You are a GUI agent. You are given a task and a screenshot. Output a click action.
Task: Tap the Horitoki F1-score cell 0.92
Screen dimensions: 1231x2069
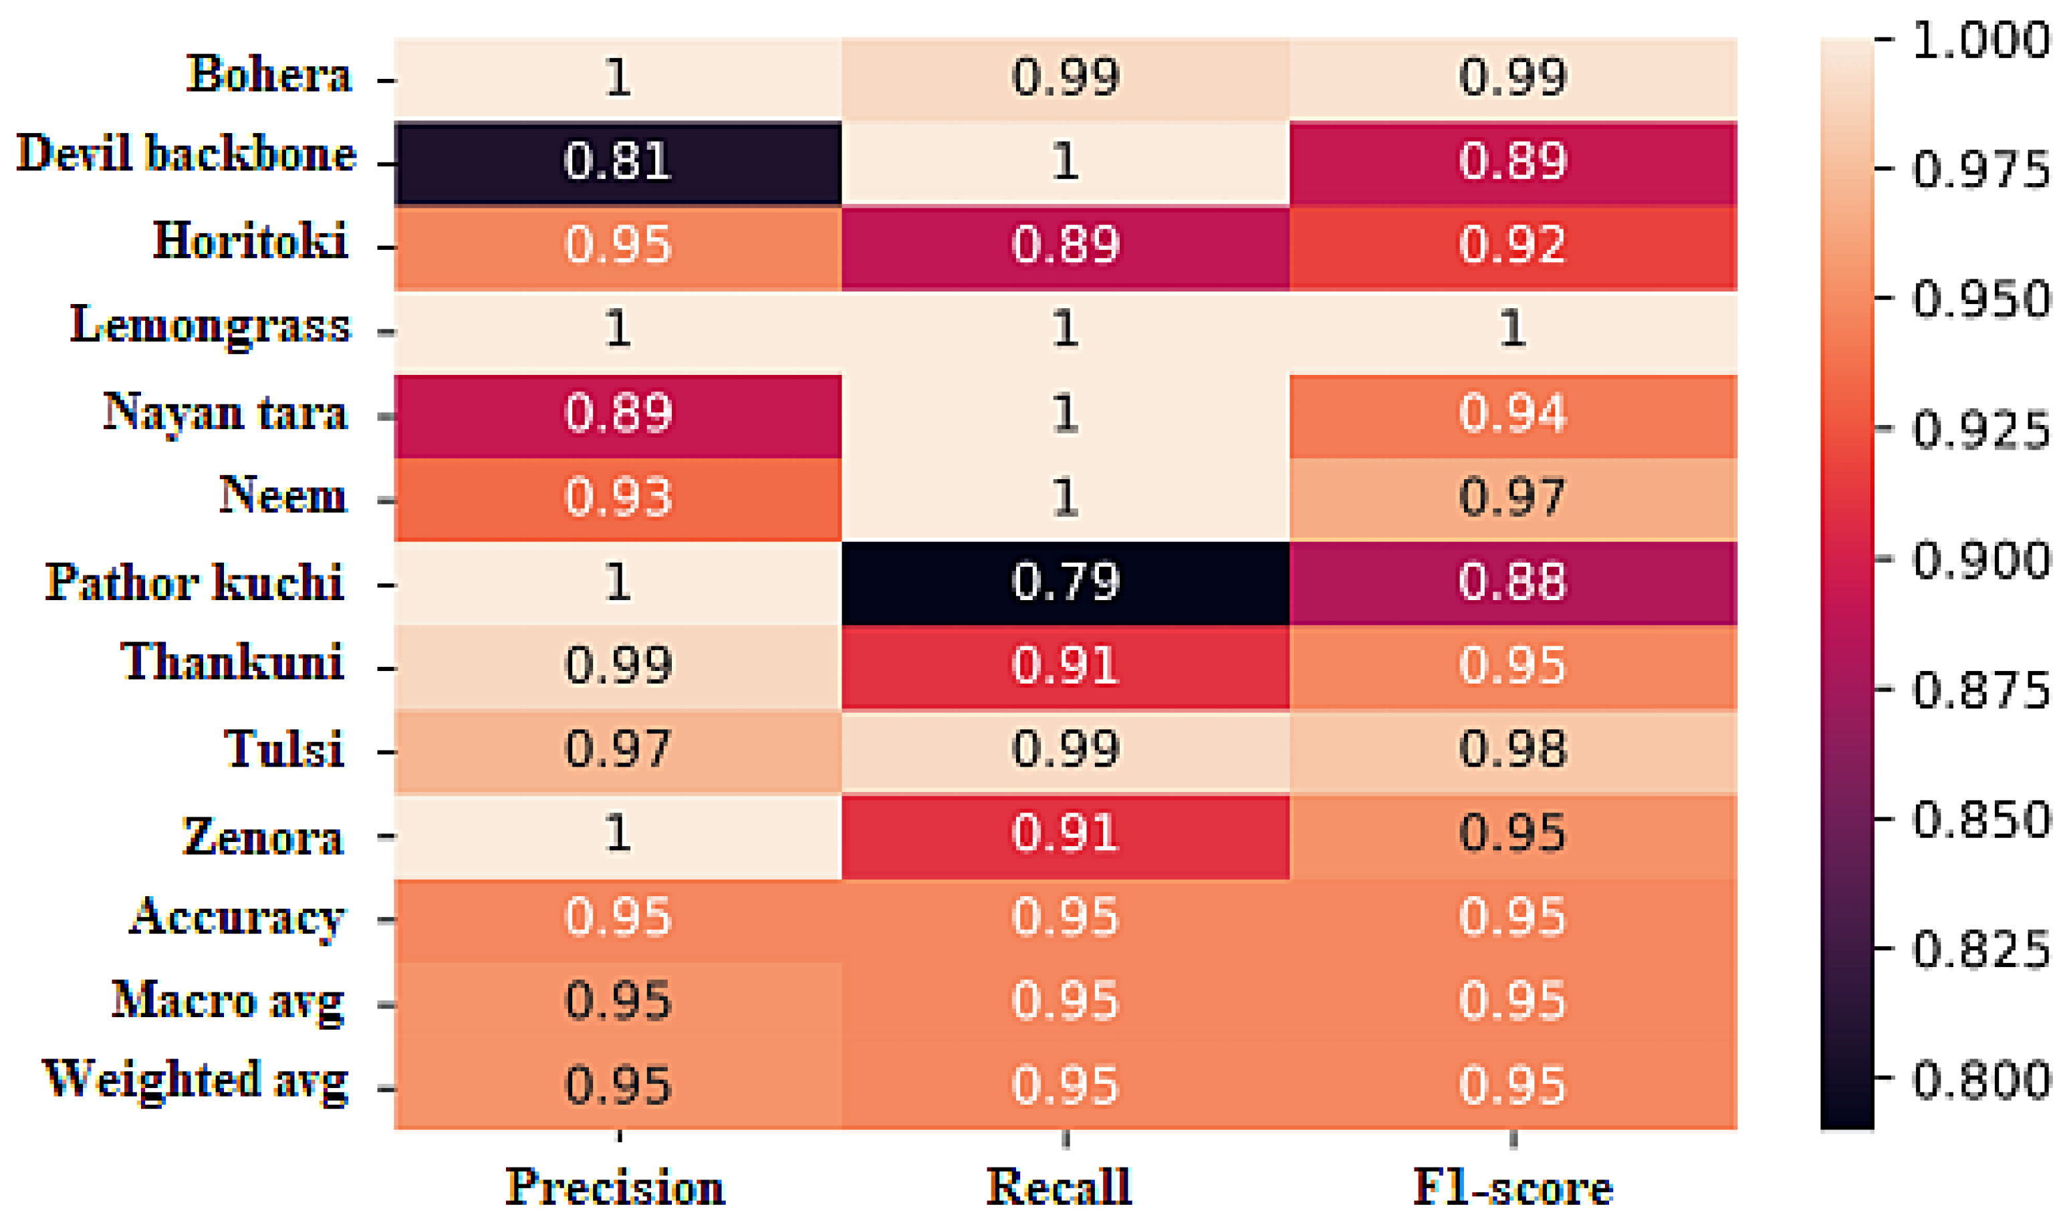coord(1511,247)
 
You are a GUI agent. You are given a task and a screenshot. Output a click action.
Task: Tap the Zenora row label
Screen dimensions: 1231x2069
coord(262,835)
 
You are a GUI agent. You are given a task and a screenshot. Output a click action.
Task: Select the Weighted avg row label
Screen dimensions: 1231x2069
coord(195,1080)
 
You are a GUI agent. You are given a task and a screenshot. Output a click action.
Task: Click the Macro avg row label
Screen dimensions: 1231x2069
coord(227,1000)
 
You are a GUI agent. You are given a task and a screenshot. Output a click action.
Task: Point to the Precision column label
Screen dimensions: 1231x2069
coord(615,1187)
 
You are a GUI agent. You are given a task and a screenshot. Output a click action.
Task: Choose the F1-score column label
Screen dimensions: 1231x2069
coord(1512,1187)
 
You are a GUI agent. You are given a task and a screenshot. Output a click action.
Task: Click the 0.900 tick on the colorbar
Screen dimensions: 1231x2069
coord(1981,560)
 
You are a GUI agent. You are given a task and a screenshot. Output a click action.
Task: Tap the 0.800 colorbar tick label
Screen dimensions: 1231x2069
coord(1981,1080)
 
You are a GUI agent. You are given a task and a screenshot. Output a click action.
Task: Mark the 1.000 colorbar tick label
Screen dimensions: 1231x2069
coord(1981,40)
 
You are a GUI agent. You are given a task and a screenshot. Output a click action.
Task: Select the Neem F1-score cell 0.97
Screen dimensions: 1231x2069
coord(1511,498)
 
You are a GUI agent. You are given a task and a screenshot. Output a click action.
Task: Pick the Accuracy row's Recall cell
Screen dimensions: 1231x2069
coord(1064,918)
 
